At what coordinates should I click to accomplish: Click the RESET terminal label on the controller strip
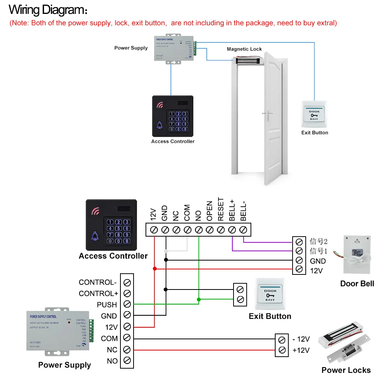221,210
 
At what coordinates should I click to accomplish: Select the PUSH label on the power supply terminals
107,305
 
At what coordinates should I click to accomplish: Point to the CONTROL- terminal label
98,282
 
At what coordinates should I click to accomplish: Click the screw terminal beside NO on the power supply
127,361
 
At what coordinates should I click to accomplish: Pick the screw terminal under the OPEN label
210,230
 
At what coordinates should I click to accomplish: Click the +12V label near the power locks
301,350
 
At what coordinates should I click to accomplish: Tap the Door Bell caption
357,284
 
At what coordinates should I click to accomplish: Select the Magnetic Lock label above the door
244,49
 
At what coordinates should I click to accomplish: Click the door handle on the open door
266,114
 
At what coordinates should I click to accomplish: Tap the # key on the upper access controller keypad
185,129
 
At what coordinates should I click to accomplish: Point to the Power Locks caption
346,370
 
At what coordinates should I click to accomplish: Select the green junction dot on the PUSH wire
198,299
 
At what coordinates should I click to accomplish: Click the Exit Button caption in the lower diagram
270,317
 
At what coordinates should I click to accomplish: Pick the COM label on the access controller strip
187,213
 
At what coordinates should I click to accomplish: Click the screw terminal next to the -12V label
282,340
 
